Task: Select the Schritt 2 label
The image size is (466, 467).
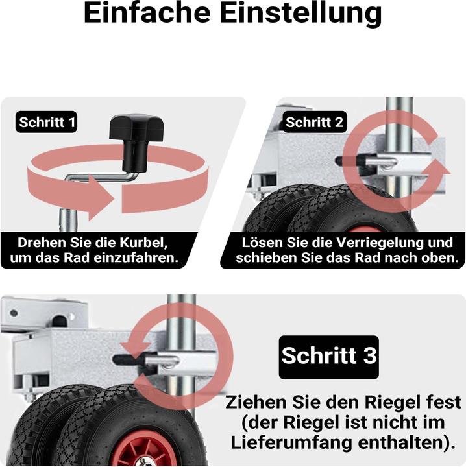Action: click(315, 122)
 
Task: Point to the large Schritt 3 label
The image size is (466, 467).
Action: click(328, 356)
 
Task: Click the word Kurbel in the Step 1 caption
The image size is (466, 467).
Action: click(143, 243)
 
